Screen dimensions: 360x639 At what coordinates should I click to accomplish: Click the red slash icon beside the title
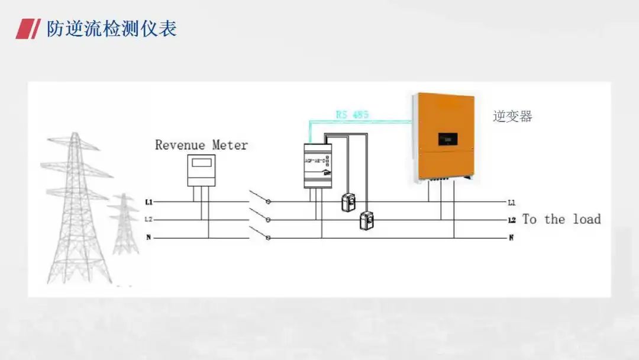[x=27, y=29]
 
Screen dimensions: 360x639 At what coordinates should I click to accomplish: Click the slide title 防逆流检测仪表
[x=112, y=28]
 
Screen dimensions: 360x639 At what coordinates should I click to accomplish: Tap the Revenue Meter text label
[x=201, y=145]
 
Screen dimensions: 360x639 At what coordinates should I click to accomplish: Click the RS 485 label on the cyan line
[x=352, y=114]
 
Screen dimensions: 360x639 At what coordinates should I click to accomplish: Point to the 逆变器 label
[x=512, y=117]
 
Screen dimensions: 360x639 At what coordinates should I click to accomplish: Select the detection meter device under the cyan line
[x=318, y=166]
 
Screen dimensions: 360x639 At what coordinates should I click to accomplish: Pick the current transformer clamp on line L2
[x=367, y=221]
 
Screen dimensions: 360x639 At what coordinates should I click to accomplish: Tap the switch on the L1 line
[x=261, y=198]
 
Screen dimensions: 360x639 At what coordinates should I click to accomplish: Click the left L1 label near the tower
[x=149, y=202]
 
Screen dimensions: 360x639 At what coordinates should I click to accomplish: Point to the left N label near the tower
[x=149, y=238]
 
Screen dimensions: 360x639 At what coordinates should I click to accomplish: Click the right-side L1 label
[x=512, y=202]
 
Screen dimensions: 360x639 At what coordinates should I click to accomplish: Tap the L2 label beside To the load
[x=512, y=220]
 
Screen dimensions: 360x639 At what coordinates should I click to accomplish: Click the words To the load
[x=561, y=219]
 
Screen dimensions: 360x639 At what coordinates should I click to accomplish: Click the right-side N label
[x=511, y=238]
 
